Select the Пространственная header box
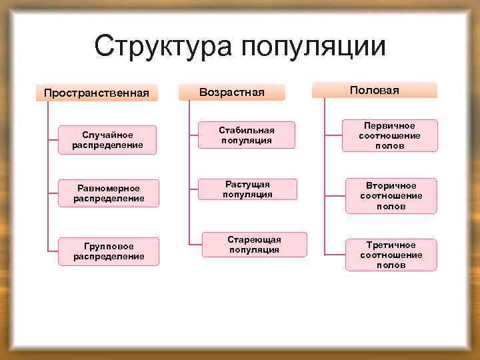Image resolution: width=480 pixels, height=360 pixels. [96, 92]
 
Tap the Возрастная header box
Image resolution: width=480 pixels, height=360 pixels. [232, 92]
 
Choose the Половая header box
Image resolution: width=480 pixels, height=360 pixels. [374, 90]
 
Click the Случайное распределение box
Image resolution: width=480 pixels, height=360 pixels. [108, 140]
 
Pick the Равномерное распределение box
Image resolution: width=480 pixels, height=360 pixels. [108, 193]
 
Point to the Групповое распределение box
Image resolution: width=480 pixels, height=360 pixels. [108, 251]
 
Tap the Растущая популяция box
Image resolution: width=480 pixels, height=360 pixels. [247, 189]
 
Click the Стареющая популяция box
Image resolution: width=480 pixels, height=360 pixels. [254, 245]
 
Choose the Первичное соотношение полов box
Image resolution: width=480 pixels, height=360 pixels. [391, 135]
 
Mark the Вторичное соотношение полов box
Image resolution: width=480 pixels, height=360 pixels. [391, 195]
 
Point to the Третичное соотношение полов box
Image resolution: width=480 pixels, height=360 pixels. [391, 255]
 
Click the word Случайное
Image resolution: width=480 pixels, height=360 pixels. [108, 135]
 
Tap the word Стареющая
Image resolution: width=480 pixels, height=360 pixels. [254, 239]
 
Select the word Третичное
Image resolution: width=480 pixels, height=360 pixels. [391, 245]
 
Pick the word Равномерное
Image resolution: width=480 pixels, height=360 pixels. [108, 188]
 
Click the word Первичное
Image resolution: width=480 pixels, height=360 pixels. [391, 125]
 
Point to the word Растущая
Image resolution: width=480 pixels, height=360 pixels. [247, 184]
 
